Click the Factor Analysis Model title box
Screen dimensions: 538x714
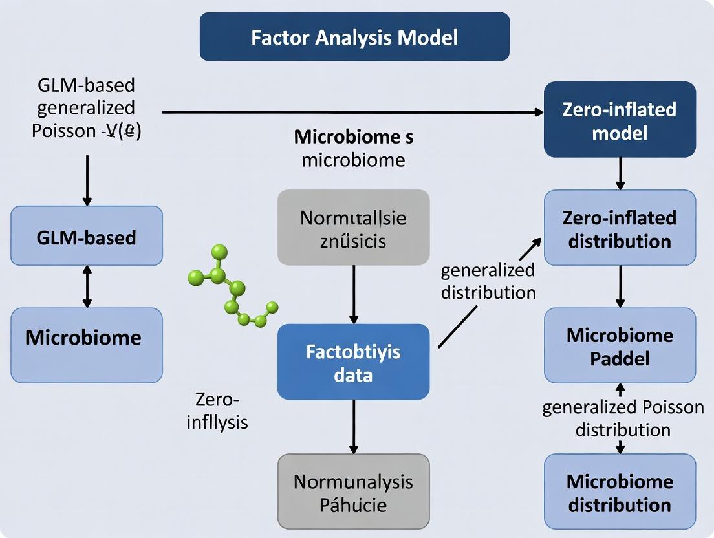[354, 37]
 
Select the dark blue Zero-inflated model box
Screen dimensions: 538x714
[620, 120]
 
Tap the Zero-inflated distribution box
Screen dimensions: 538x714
[620, 228]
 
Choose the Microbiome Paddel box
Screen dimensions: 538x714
[620, 346]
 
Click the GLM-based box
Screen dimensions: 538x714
[87, 237]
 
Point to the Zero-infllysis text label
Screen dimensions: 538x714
[217, 411]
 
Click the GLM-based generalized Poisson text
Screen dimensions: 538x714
[86, 107]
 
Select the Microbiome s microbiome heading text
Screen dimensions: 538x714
[353, 148]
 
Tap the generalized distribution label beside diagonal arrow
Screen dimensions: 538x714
[488, 281]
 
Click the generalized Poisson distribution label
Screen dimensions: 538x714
[623, 418]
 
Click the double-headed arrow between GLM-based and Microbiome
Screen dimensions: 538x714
[87, 286]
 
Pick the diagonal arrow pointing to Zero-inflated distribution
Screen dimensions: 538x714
[490, 292]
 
